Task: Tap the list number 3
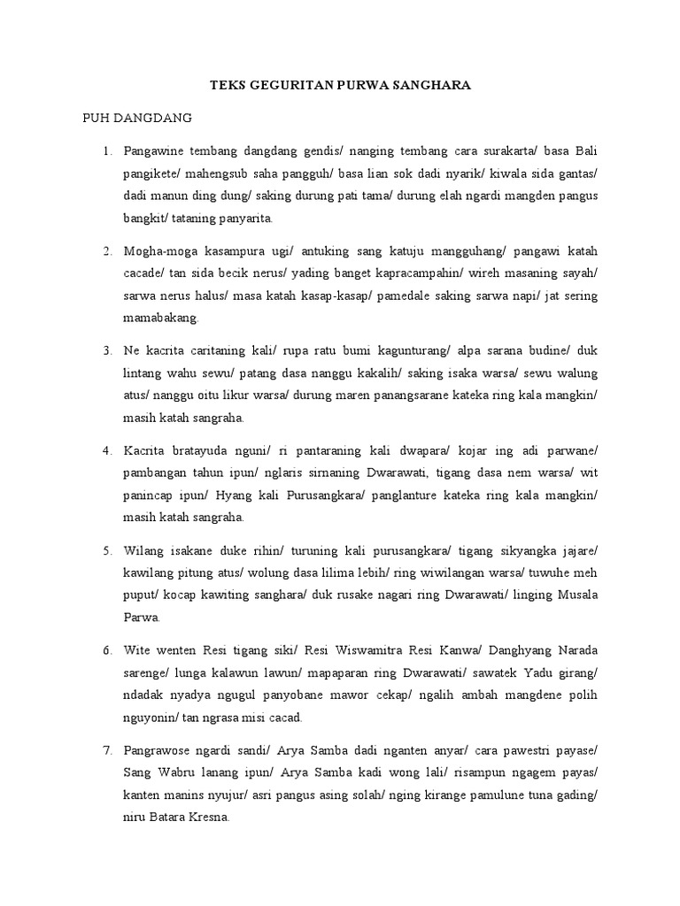tap(107, 349)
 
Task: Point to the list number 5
tap(107, 550)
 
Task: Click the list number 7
tap(107, 751)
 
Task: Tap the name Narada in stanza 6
tap(572, 650)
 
